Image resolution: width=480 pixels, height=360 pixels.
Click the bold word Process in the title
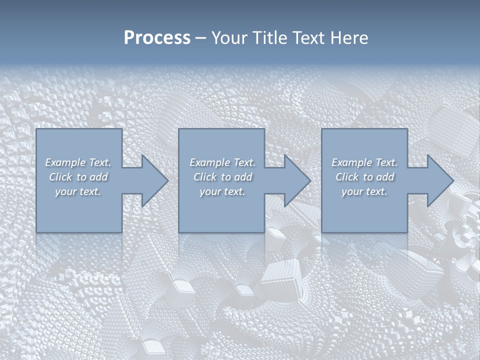pos(157,38)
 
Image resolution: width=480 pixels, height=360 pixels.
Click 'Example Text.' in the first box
pos(78,162)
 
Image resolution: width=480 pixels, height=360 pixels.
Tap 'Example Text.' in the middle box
pos(222,162)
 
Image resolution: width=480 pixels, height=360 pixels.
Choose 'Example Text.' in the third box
pos(364,162)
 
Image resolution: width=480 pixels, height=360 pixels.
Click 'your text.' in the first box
pos(78,191)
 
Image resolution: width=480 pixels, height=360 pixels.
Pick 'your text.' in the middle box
pos(222,191)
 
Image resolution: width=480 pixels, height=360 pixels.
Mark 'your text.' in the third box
pos(364,191)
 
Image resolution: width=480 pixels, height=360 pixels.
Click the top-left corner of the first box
pos(37,129)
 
